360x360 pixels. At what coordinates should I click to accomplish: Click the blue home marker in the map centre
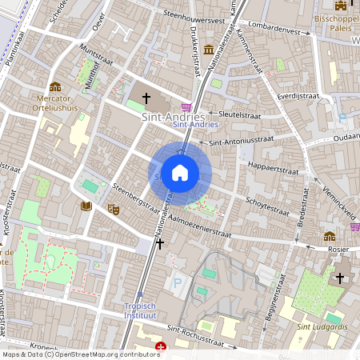(x=180, y=173)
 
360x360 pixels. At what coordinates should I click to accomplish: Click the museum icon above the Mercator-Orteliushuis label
(x=55, y=86)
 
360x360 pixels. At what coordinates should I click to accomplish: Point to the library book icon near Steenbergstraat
(x=86, y=206)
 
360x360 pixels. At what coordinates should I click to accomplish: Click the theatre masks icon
(x=114, y=209)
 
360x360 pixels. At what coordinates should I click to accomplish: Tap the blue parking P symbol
(x=178, y=282)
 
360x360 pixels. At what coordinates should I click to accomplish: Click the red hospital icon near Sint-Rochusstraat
(x=162, y=347)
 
